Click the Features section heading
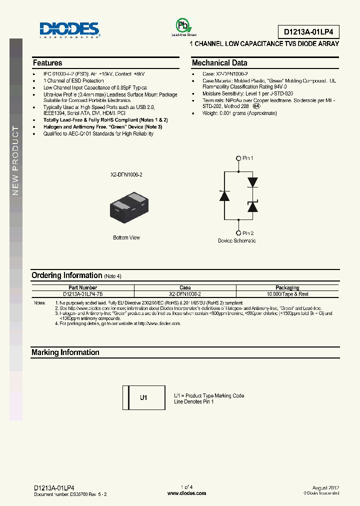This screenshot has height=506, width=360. [47, 63]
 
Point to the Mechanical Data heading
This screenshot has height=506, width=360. [219, 63]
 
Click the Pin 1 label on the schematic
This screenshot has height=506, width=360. [247, 158]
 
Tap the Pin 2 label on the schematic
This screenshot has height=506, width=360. [247, 233]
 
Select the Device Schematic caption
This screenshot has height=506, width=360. [236, 240]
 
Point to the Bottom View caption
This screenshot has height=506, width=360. [126, 237]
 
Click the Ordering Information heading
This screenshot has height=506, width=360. [67, 275]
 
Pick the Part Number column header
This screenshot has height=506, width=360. [83, 287]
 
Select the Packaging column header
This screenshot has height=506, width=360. [287, 287]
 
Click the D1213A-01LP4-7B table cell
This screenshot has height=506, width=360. [83, 294]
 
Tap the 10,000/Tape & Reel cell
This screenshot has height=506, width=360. [287, 294]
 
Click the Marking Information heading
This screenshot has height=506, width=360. [65, 352]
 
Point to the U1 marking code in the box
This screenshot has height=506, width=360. [143, 398]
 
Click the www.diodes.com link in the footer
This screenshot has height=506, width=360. [186, 493]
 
